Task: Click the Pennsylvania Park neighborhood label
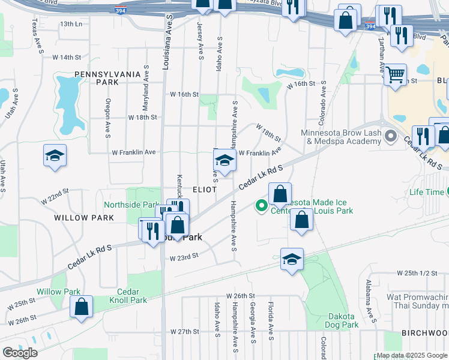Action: tap(107, 78)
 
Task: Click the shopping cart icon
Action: tap(396, 76)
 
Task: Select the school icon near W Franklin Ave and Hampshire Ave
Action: tap(224, 160)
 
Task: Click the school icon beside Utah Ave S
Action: tap(55, 155)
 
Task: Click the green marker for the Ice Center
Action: tap(262, 206)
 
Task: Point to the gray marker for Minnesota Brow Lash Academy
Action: tap(391, 136)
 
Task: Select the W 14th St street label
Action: tap(66, 57)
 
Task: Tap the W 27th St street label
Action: tap(184, 331)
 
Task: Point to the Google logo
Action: tap(20, 353)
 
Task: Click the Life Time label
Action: tap(424, 193)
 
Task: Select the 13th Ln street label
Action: tap(70, 24)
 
